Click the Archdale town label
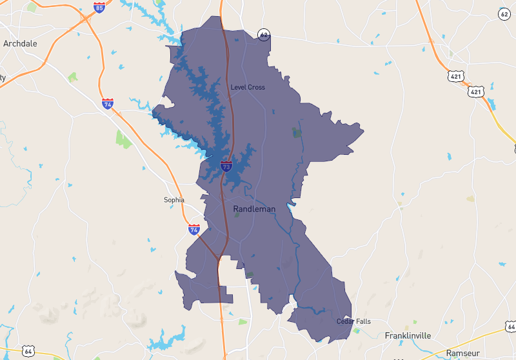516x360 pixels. [20, 44]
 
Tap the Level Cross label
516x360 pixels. [248, 87]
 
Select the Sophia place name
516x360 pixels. [174, 200]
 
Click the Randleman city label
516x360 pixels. [254, 209]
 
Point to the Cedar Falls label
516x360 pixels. [353, 321]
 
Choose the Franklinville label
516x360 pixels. [408, 335]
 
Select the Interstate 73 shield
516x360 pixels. [226, 166]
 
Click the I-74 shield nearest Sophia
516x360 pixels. [194, 229]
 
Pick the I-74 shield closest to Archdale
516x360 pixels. [108, 103]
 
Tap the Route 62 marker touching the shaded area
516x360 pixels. [263, 34]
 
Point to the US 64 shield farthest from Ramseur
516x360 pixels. [28, 351]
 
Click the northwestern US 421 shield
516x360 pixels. [457, 76]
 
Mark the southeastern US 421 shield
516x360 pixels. [476, 92]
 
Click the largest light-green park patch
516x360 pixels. [123, 137]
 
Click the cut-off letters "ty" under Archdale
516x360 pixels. [3, 77]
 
